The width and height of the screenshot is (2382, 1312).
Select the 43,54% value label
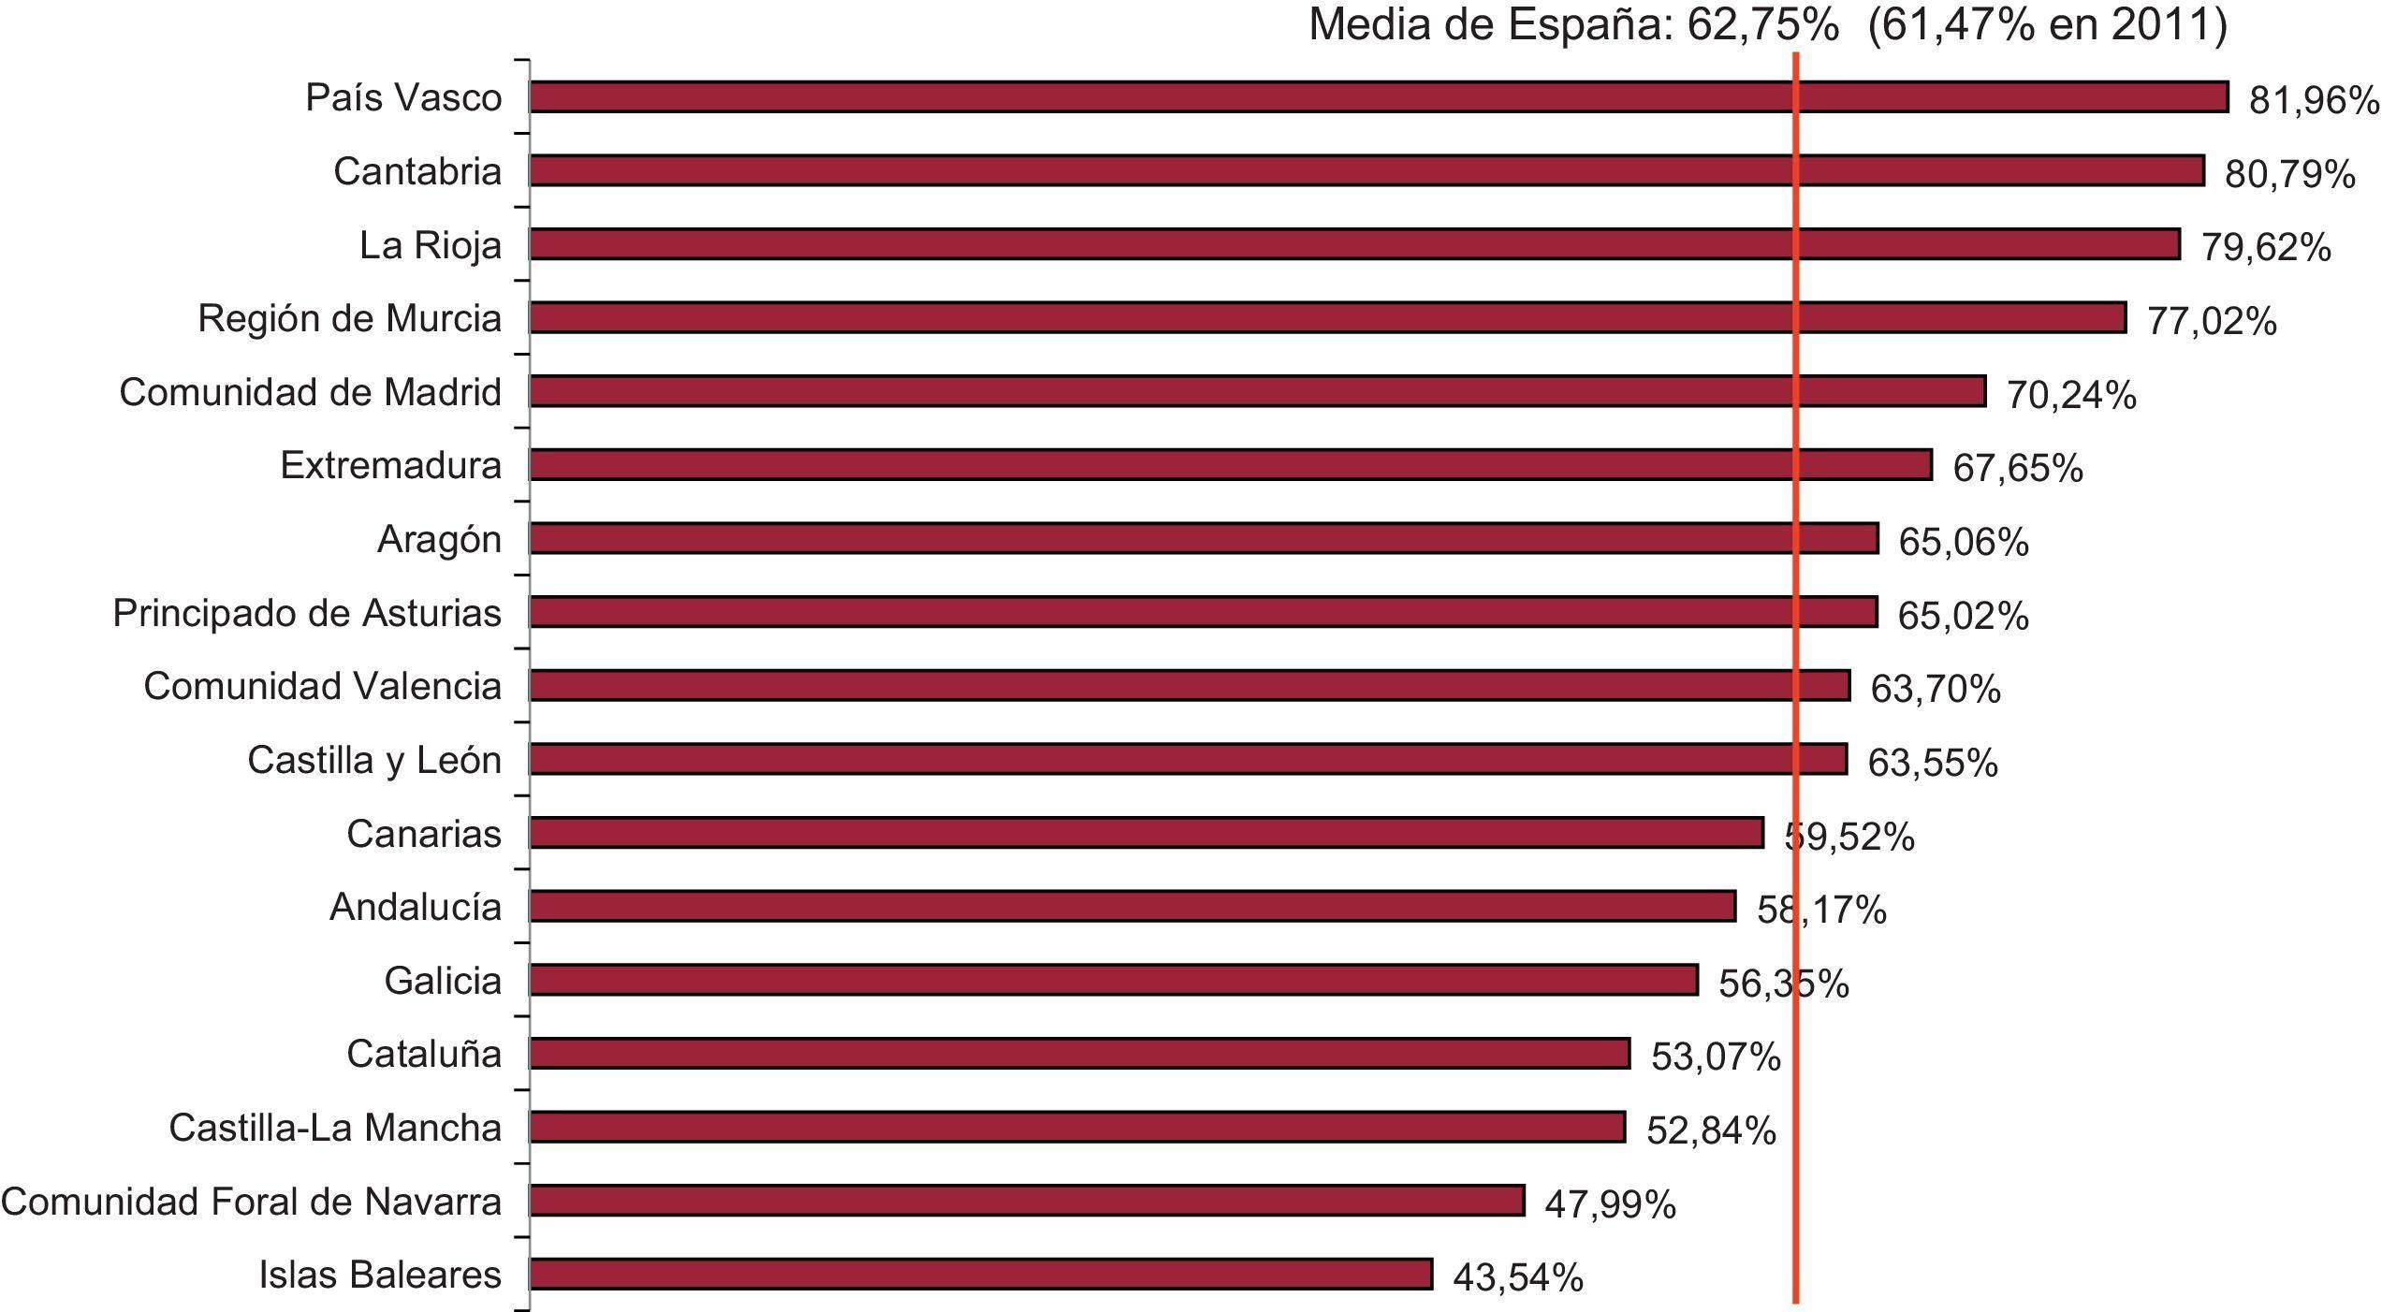pyautogui.click(x=1517, y=1277)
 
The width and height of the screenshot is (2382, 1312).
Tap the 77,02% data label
pyautogui.click(x=2211, y=321)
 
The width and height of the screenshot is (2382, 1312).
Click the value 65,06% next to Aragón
pyautogui.click(x=1963, y=542)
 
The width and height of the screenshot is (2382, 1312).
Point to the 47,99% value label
pyautogui.click(x=1609, y=1204)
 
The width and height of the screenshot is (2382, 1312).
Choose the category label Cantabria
pyautogui.click(x=417, y=171)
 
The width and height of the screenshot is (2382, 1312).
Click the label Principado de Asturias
pyautogui.click(x=307, y=613)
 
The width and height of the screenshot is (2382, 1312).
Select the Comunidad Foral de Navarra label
pyautogui.click(x=251, y=1202)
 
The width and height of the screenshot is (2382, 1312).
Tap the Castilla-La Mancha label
pyautogui.click(x=335, y=1128)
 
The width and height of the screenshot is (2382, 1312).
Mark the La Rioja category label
pyautogui.click(x=431, y=245)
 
